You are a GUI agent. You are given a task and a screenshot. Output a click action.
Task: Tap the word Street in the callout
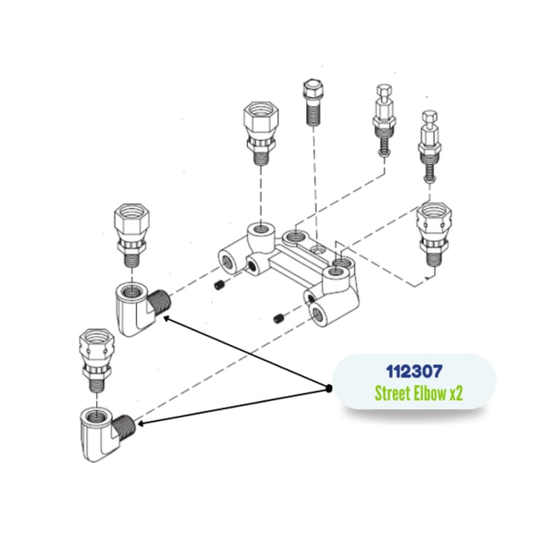(392, 394)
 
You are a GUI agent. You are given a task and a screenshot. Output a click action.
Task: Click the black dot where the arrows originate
(330, 388)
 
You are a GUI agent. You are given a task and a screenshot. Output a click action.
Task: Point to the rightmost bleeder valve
(429, 146)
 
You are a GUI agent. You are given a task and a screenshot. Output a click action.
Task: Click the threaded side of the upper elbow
(163, 300)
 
